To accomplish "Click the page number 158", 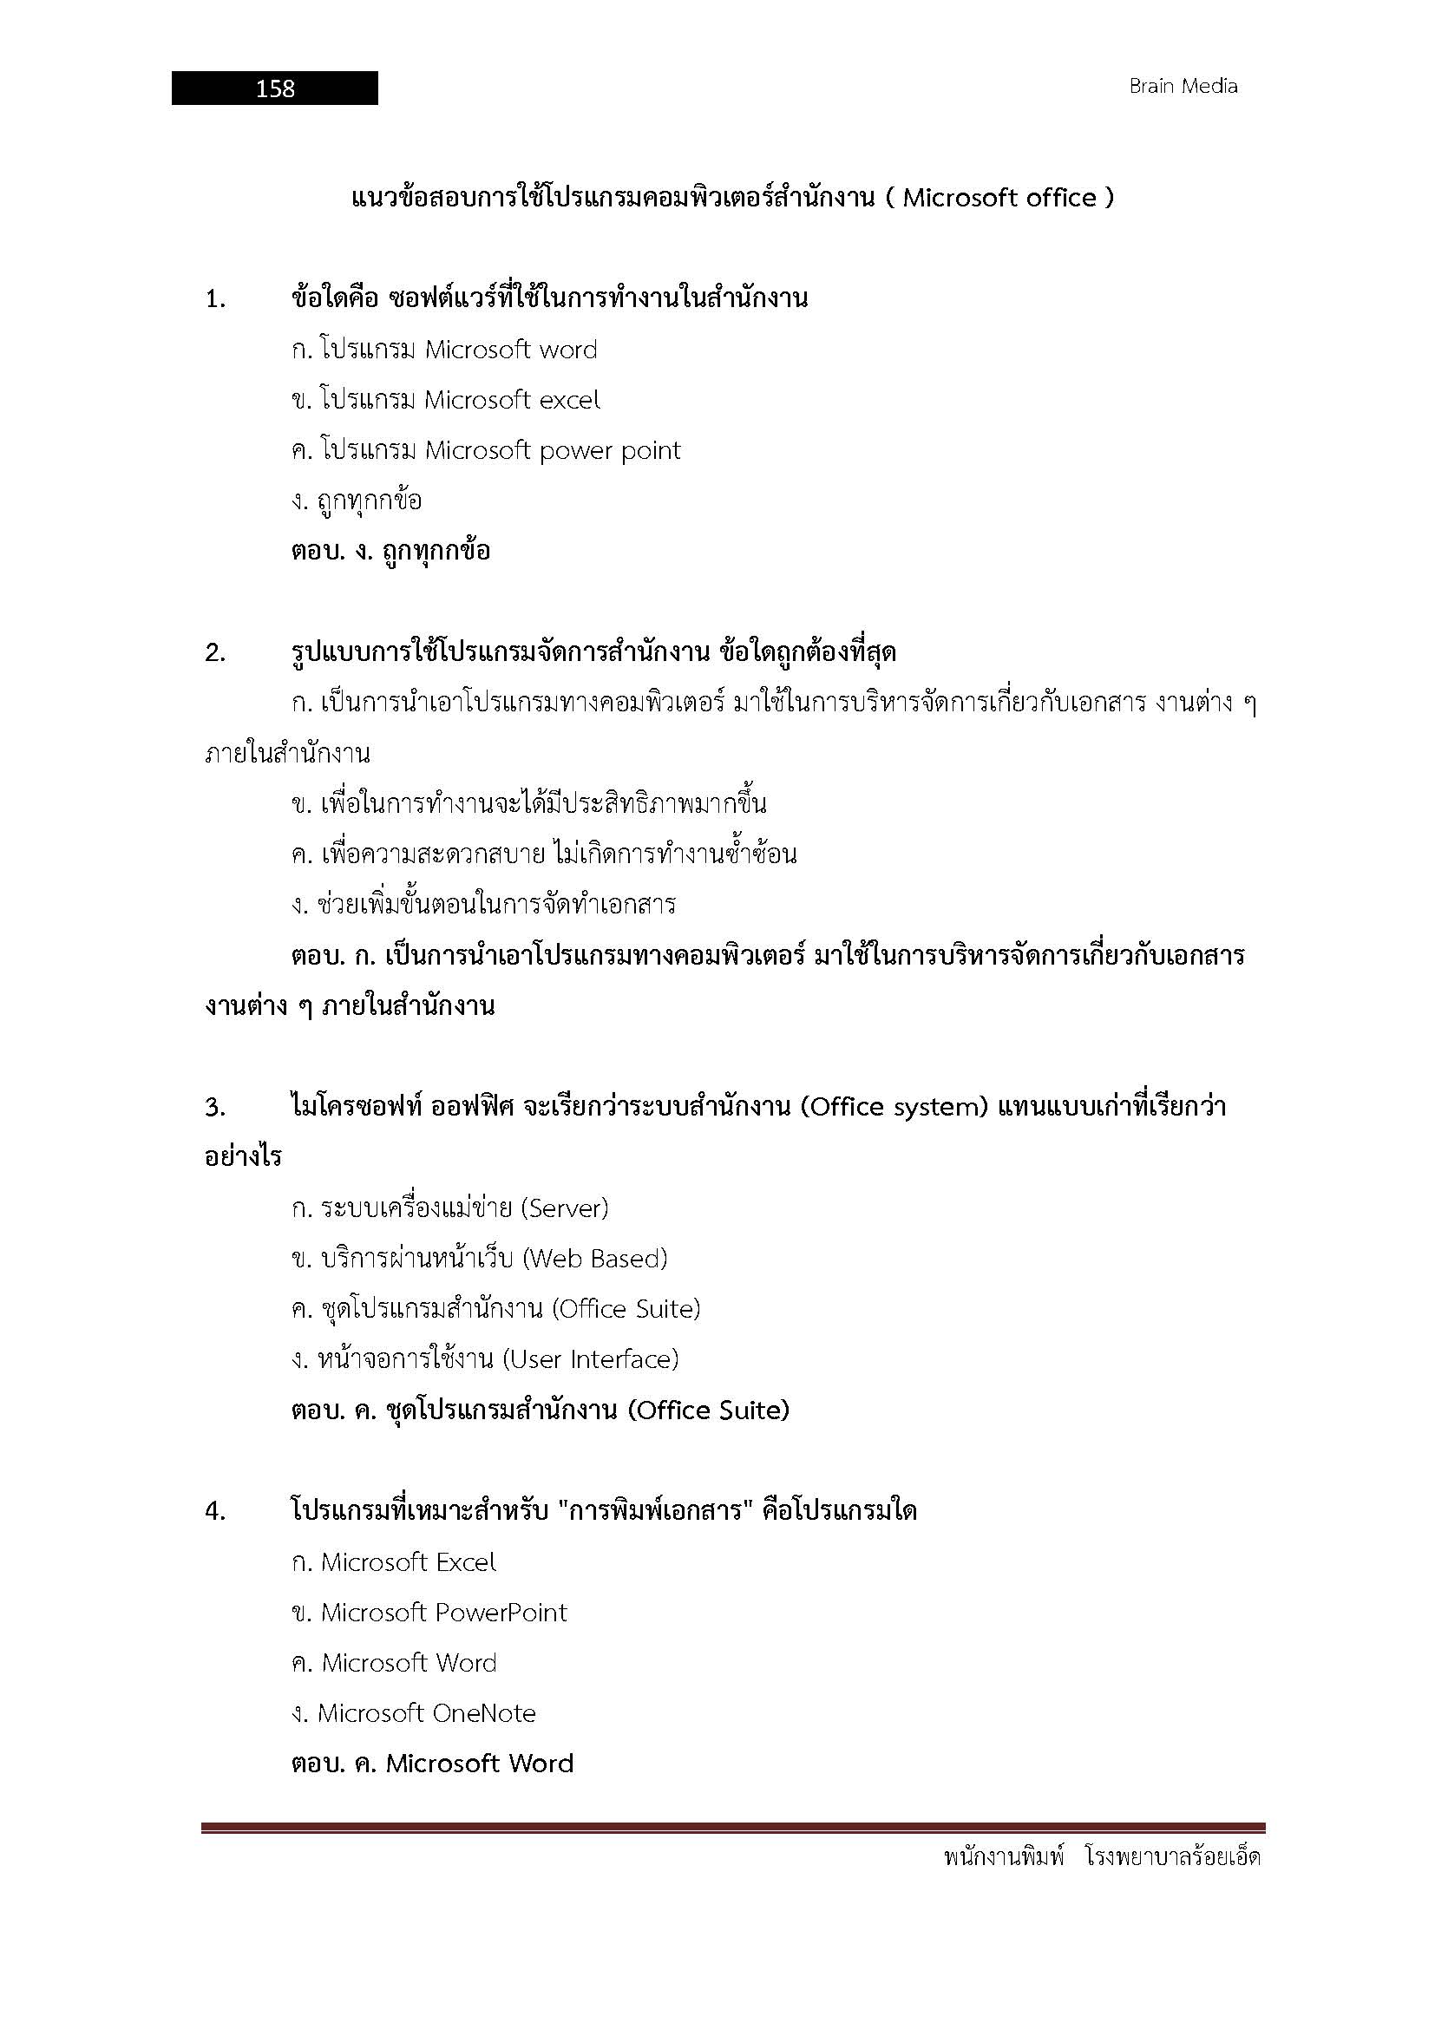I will tap(275, 88).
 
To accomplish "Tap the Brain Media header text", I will tap(1183, 87).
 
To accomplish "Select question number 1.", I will tap(214, 300).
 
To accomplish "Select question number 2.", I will tap(214, 654).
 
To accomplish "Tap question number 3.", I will tap(214, 1108).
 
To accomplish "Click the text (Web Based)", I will tap(594, 1259).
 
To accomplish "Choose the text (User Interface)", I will tap(590, 1359).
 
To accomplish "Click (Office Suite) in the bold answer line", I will tap(708, 1410).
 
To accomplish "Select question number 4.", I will tap(214, 1512).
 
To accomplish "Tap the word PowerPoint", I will tap(501, 1613).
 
